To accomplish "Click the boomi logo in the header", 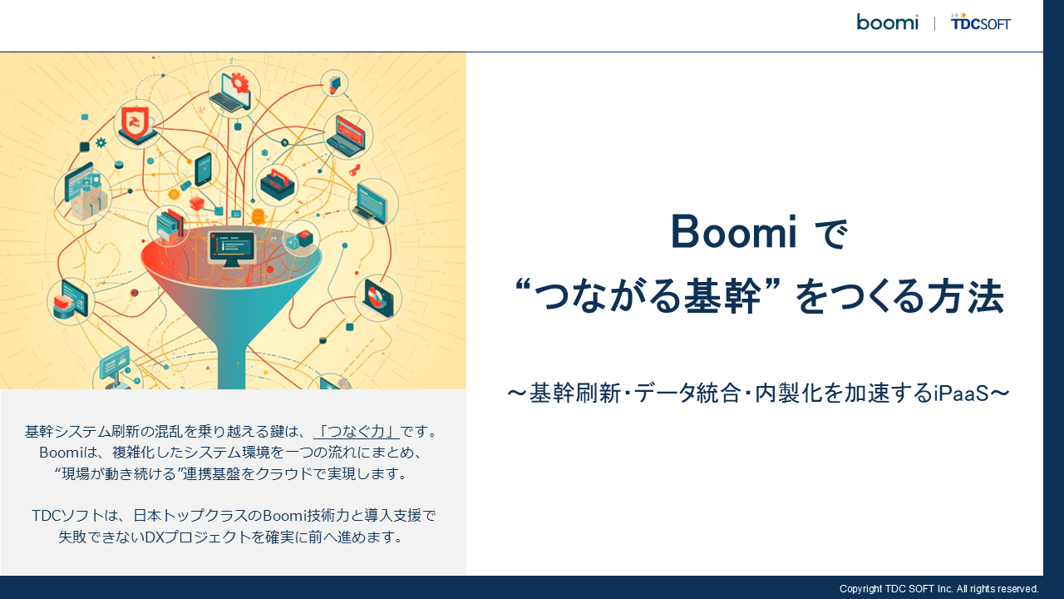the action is [x=887, y=22].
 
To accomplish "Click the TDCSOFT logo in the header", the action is [x=980, y=22].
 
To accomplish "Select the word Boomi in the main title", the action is [x=733, y=232].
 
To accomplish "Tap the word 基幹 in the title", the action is [x=722, y=297].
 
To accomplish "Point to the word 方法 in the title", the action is [x=966, y=297].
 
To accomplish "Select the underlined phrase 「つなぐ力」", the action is [x=357, y=431].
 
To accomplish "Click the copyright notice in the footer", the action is [x=938, y=588].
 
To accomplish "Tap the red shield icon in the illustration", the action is [x=135, y=122].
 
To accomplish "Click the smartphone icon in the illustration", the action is [x=204, y=169].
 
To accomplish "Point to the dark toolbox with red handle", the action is [x=278, y=185].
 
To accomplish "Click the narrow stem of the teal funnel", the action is [x=232, y=366].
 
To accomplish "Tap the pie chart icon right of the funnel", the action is [x=377, y=298].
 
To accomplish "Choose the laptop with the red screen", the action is [x=348, y=136].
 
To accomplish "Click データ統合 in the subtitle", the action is [x=687, y=394].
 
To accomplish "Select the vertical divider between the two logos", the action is [x=934, y=23].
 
